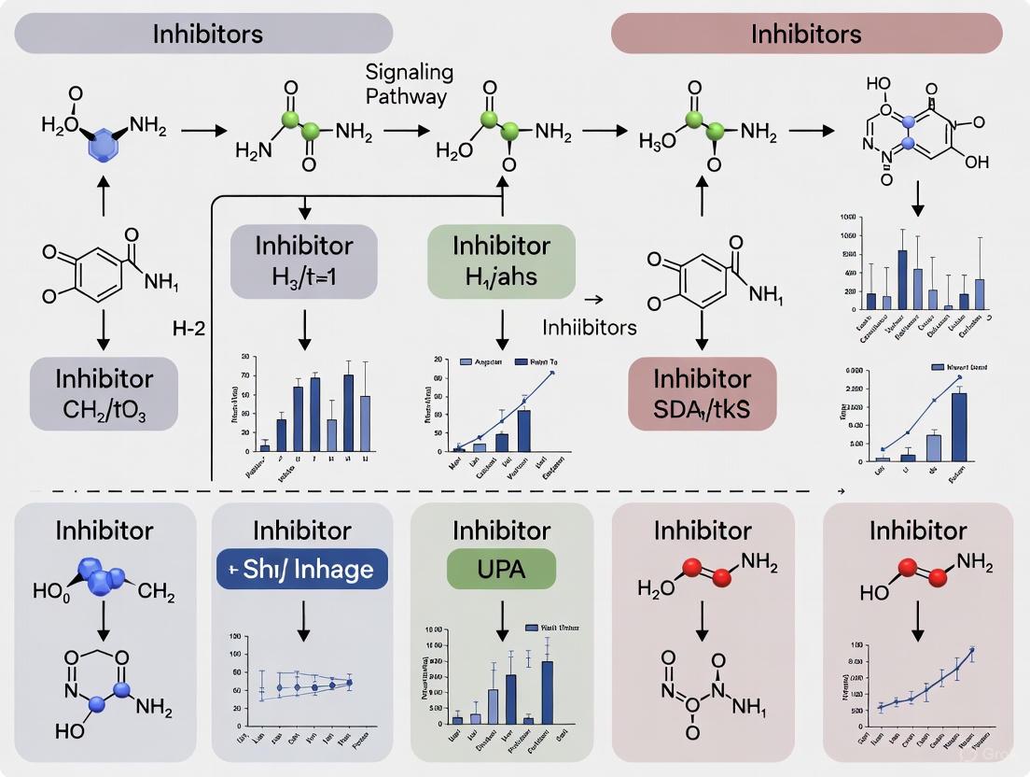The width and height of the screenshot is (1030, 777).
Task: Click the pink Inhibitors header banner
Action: tap(806, 35)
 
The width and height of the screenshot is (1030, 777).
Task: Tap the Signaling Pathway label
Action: tap(409, 84)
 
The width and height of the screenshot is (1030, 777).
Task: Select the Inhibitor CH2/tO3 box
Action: tap(104, 393)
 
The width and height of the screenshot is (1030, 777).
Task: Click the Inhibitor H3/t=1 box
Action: tap(304, 260)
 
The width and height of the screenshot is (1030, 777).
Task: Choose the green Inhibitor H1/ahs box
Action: tap(501, 260)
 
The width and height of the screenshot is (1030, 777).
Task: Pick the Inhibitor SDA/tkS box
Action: tap(702, 393)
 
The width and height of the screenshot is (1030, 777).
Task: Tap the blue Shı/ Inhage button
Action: tap(301, 568)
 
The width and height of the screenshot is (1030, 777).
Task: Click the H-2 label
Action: tap(188, 329)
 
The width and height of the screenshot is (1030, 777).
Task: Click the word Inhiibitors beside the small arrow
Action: tap(589, 328)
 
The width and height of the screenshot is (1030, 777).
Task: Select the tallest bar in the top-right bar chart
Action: tap(902, 278)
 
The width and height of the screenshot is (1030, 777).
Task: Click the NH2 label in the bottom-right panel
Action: tap(975, 561)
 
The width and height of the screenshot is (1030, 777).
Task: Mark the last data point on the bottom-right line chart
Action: tap(971, 651)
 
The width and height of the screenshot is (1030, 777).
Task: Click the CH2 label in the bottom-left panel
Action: tap(157, 590)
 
